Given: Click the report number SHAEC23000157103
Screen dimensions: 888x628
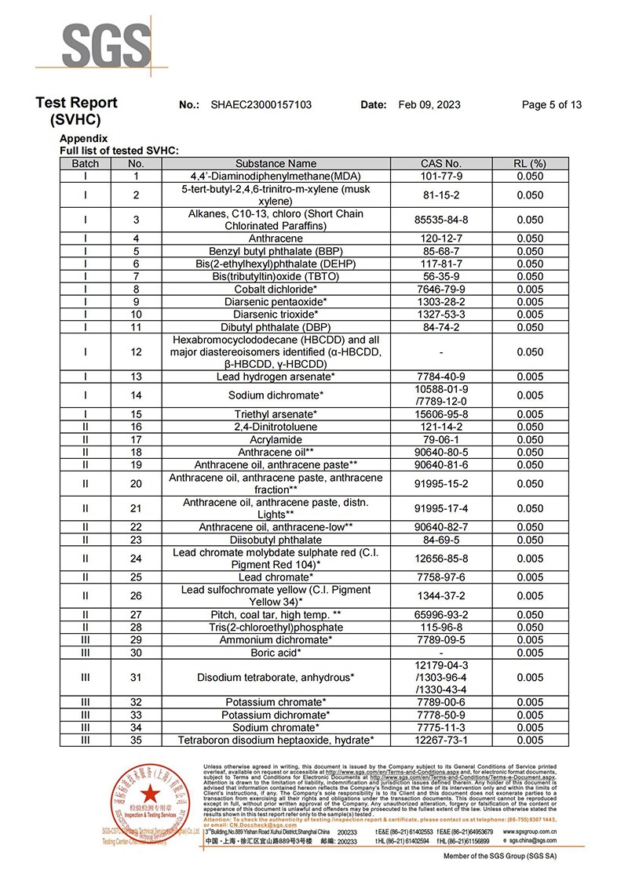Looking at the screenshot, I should tap(261, 105).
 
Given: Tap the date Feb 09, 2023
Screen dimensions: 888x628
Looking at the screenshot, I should tap(429, 105).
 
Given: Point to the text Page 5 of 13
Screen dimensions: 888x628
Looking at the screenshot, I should tap(552, 105).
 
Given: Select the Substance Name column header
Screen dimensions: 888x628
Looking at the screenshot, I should tap(276, 164).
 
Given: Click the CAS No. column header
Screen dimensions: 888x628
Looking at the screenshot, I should tap(441, 164).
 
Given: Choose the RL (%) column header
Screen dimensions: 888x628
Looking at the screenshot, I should tap(530, 164).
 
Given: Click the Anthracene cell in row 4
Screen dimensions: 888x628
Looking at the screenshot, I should tap(276, 238).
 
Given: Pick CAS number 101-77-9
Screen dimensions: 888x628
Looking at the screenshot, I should tap(441, 177).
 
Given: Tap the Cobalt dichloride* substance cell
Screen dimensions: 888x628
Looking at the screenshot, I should tap(276, 289).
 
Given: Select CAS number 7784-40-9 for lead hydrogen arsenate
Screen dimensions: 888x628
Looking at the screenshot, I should tap(441, 377).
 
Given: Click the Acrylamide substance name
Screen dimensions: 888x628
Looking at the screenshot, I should tap(276, 439).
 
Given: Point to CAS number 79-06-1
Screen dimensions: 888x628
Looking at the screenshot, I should tap(441, 439).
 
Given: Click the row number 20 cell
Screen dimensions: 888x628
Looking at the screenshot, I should tap(136, 483).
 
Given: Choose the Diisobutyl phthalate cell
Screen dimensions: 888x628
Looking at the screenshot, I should tap(276, 540).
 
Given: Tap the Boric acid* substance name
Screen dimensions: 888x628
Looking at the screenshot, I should tap(276, 653).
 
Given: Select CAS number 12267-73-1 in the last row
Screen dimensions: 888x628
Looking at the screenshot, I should tap(441, 740).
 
